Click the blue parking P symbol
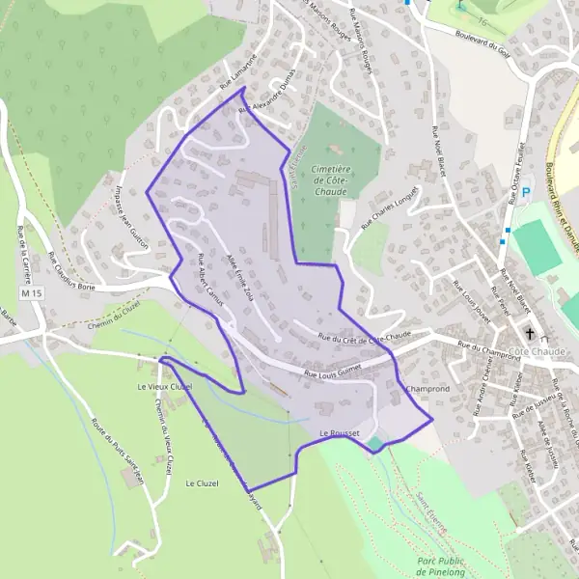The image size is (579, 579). (x=526, y=193)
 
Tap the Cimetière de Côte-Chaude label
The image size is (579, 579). (x=331, y=180)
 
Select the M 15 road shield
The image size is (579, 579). (x=32, y=291)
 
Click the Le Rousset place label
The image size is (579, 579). (x=339, y=433)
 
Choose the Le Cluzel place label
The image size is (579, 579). (x=203, y=483)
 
